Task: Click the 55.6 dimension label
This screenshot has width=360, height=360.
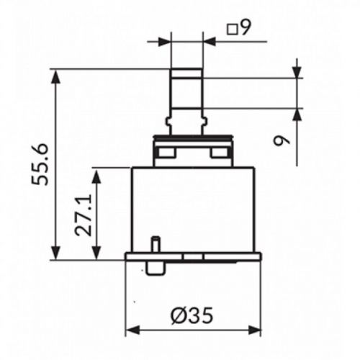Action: [40, 164]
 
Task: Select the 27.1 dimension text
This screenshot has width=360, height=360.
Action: [84, 215]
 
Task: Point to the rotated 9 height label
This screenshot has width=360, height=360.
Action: [282, 140]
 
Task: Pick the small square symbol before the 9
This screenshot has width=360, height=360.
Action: [232, 30]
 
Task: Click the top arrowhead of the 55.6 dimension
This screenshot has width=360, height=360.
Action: [56, 76]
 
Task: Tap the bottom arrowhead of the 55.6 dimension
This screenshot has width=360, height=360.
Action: [56, 253]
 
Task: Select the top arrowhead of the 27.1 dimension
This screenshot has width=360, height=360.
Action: [96, 175]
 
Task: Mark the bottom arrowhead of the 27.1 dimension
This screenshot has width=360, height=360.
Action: [96, 253]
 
